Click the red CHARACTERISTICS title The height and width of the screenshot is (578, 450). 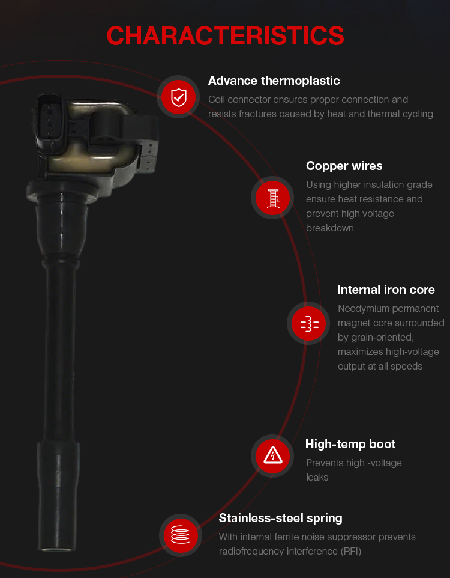click(225, 36)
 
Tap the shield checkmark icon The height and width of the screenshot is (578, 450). click(179, 97)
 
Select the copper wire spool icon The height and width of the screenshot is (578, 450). click(272, 198)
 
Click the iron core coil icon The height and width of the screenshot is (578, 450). click(308, 323)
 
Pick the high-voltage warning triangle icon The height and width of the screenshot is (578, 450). click(272, 455)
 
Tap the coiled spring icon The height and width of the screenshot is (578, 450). click(181, 535)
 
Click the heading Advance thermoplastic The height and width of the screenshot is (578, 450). click(274, 81)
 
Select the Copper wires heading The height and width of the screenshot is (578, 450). click(344, 166)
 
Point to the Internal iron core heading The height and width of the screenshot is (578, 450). click(386, 290)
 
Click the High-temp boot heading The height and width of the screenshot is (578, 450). click(350, 444)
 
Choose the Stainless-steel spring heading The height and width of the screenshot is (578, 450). click(280, 519)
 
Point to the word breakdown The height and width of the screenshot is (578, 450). click(329, 228)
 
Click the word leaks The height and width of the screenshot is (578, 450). click(317, 478)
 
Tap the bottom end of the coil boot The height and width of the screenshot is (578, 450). click(57, 549)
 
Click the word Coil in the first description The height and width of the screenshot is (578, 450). click(216, 100)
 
